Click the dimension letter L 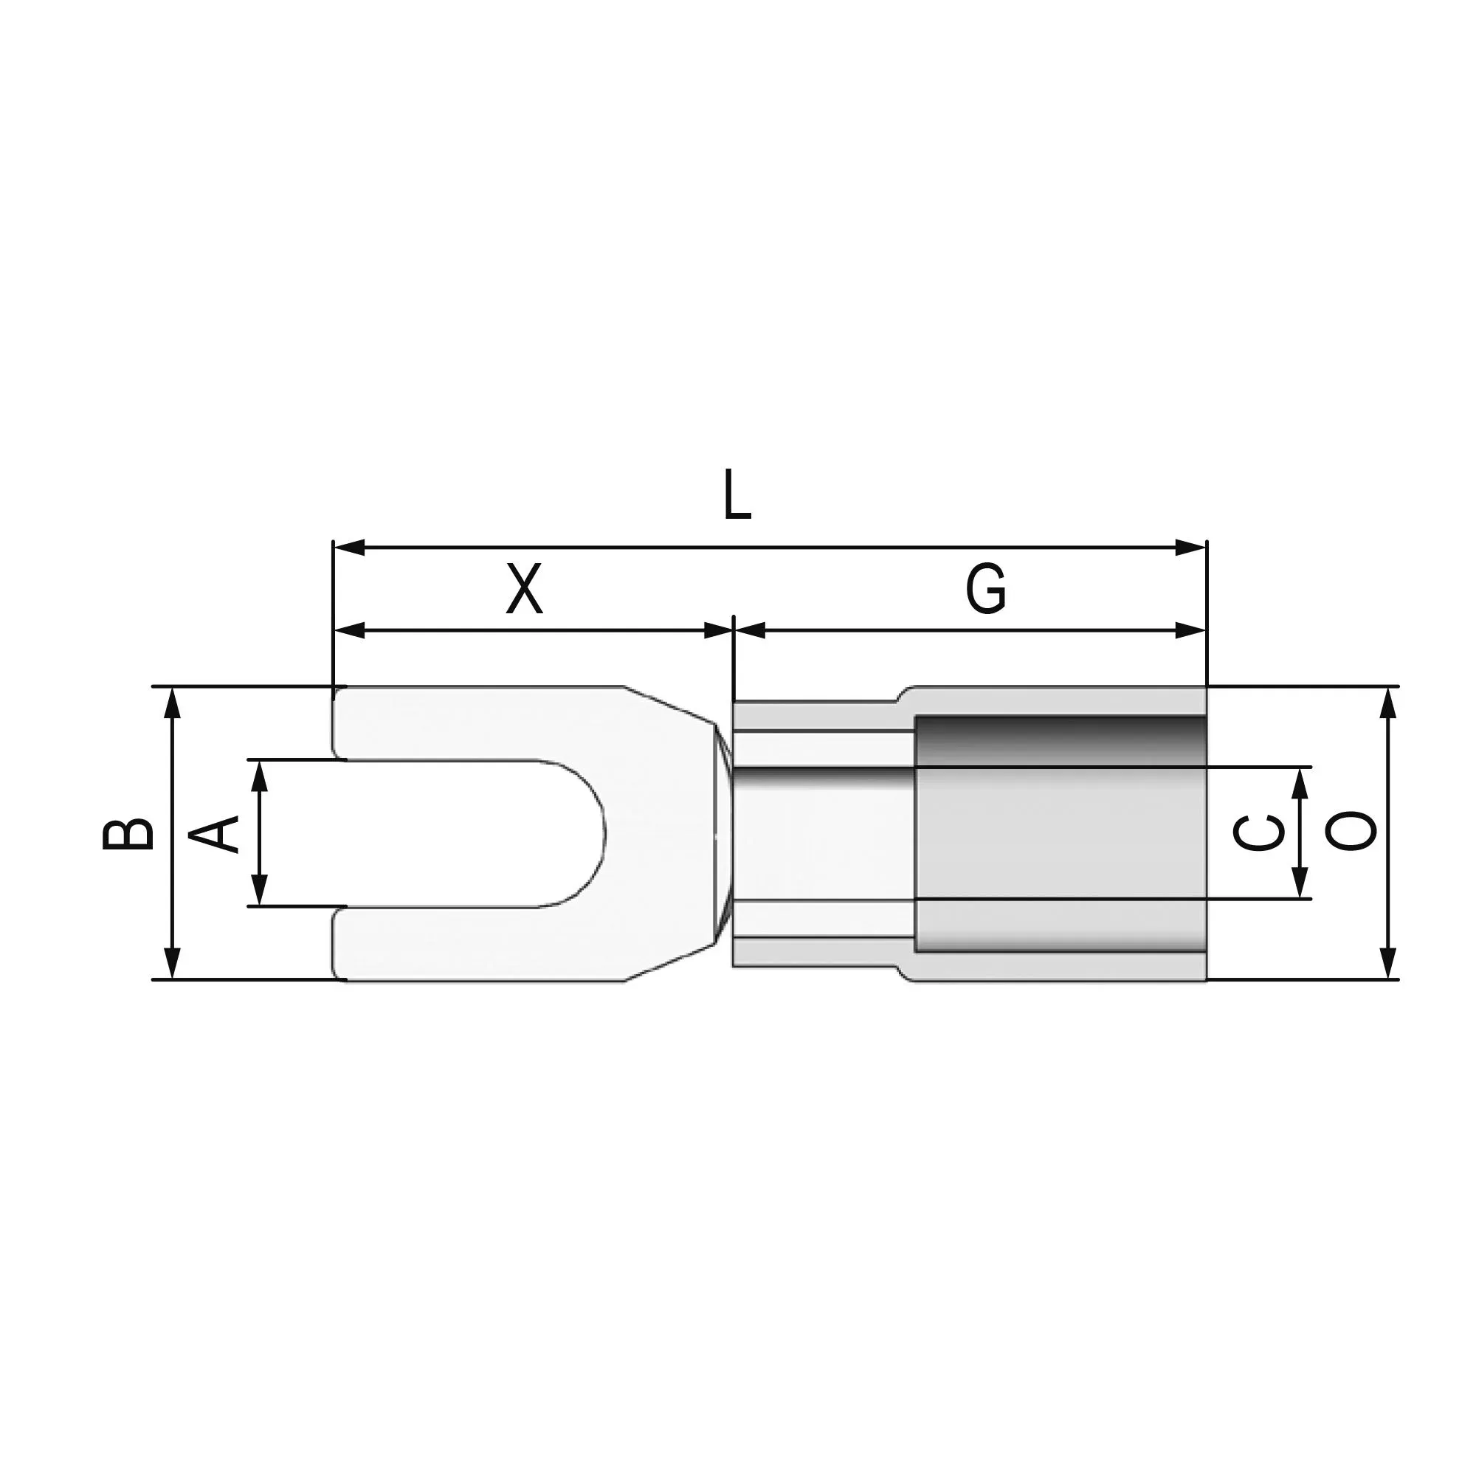[737, 495]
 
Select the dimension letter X [525, 589]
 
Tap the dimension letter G [985, 589]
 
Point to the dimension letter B [128, 833]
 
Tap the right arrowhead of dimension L [1191, 548]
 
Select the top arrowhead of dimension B [173, 703]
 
